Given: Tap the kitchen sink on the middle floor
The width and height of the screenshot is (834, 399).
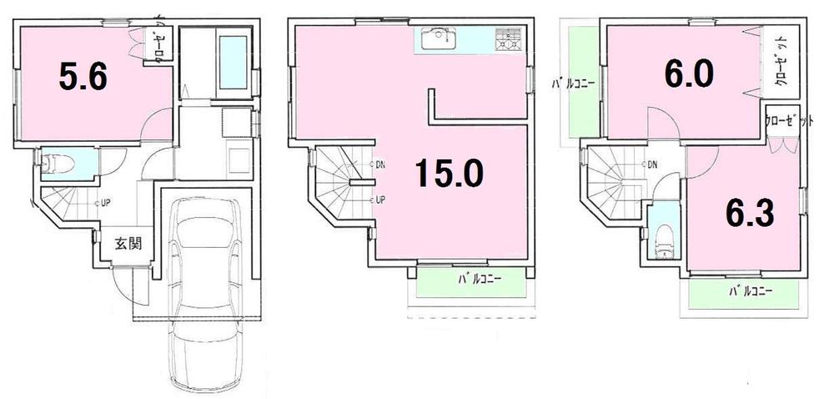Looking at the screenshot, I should [436, 38].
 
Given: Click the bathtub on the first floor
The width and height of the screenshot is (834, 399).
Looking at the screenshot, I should [231, 64].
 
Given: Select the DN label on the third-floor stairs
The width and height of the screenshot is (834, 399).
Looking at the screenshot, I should [651, 164].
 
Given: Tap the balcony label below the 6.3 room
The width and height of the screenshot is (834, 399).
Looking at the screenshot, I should [750, 291].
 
